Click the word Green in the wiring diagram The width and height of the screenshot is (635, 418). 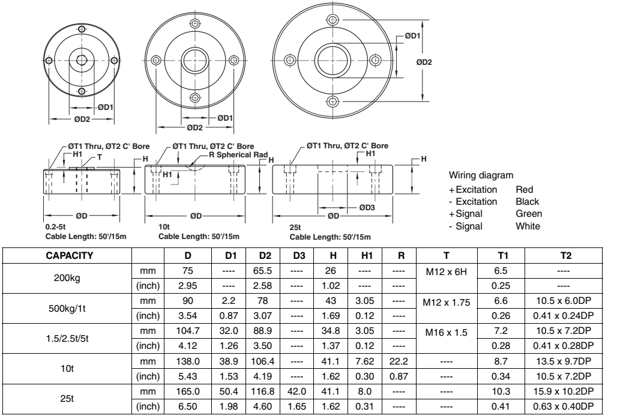529,214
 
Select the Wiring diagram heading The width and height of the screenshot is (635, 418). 480,176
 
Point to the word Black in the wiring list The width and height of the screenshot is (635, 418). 528,201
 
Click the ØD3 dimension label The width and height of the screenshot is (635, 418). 367,208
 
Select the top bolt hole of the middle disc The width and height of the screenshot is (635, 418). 193,23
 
